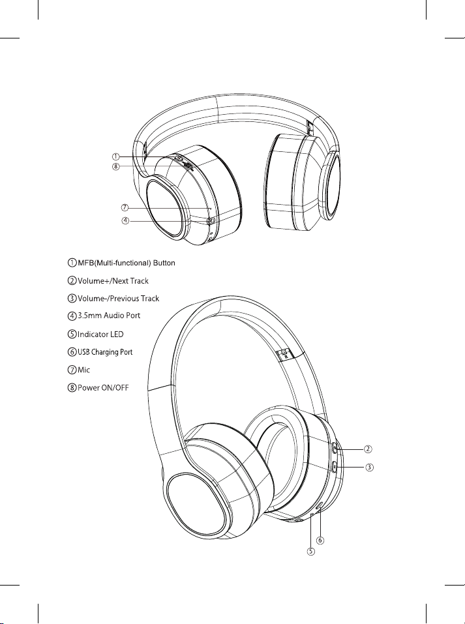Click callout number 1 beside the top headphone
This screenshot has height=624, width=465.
[115, 156]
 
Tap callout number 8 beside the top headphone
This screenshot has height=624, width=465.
[115, 167]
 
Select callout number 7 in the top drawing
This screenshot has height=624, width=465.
[125, 207]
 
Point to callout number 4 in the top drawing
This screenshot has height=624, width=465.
[125, 220]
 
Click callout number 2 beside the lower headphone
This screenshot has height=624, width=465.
[368, 449]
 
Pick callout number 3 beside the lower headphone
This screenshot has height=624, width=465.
[369, 468]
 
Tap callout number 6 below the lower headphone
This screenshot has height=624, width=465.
[320, 540]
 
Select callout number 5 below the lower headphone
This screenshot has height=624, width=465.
[310, 552]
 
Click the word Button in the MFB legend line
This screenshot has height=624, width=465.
[164, 263]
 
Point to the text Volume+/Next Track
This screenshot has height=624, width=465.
[113, 281]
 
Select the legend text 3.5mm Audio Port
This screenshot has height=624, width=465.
[109, 316]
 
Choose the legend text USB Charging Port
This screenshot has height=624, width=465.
[105, 352]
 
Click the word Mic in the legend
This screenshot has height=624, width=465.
[83, 370]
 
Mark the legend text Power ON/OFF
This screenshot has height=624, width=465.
[103, 387]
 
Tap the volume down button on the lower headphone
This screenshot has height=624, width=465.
[335, 466]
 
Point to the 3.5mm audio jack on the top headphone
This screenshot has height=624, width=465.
[212, 220]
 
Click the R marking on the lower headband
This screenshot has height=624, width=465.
[286, 356]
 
